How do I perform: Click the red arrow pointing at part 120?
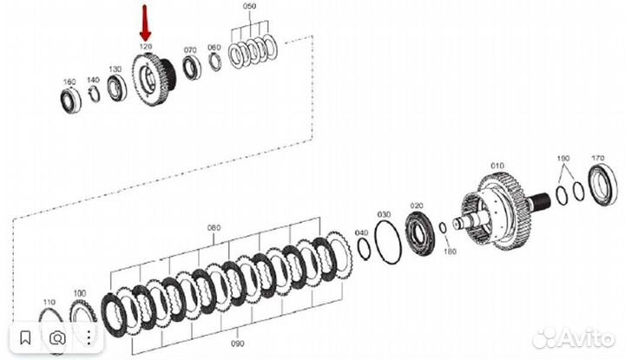click(145, 22)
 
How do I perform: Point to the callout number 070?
click(190, 50)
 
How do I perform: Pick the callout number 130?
click(115, 69)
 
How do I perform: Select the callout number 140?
click(93, 79)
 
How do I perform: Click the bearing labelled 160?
click(69, 99)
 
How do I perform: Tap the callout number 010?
click(497, 163)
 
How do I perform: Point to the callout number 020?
click(417, 206)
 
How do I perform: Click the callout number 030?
click(384, 213)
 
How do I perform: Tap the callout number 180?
click(450, 252)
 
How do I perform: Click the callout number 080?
click(214, 228)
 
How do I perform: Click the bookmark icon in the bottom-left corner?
click(27, 337)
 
